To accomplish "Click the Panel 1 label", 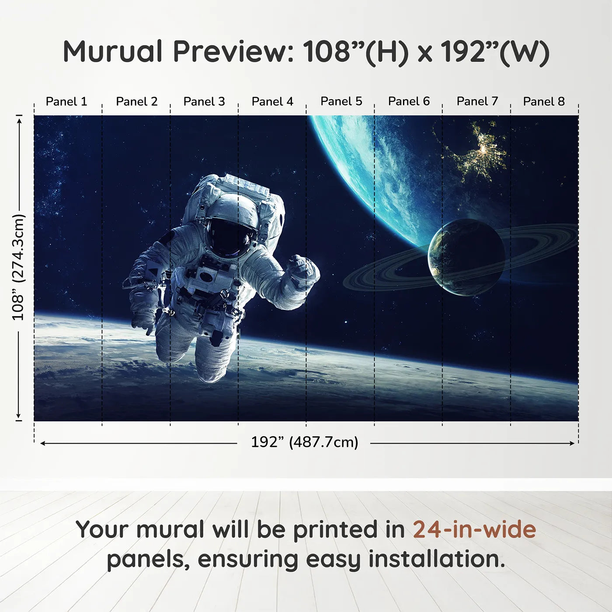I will click(66, 101).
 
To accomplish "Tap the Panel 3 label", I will click(204, 101).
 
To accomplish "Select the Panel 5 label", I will click(341, 101).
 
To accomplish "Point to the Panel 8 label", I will click(544, 101).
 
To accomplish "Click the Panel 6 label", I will click(409, 101).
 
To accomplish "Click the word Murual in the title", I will click(113, 52).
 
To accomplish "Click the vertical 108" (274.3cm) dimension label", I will click(18, 267).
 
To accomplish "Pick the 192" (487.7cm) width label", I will click(304, 442).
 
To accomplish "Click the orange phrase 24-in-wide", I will click(474, 529).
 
